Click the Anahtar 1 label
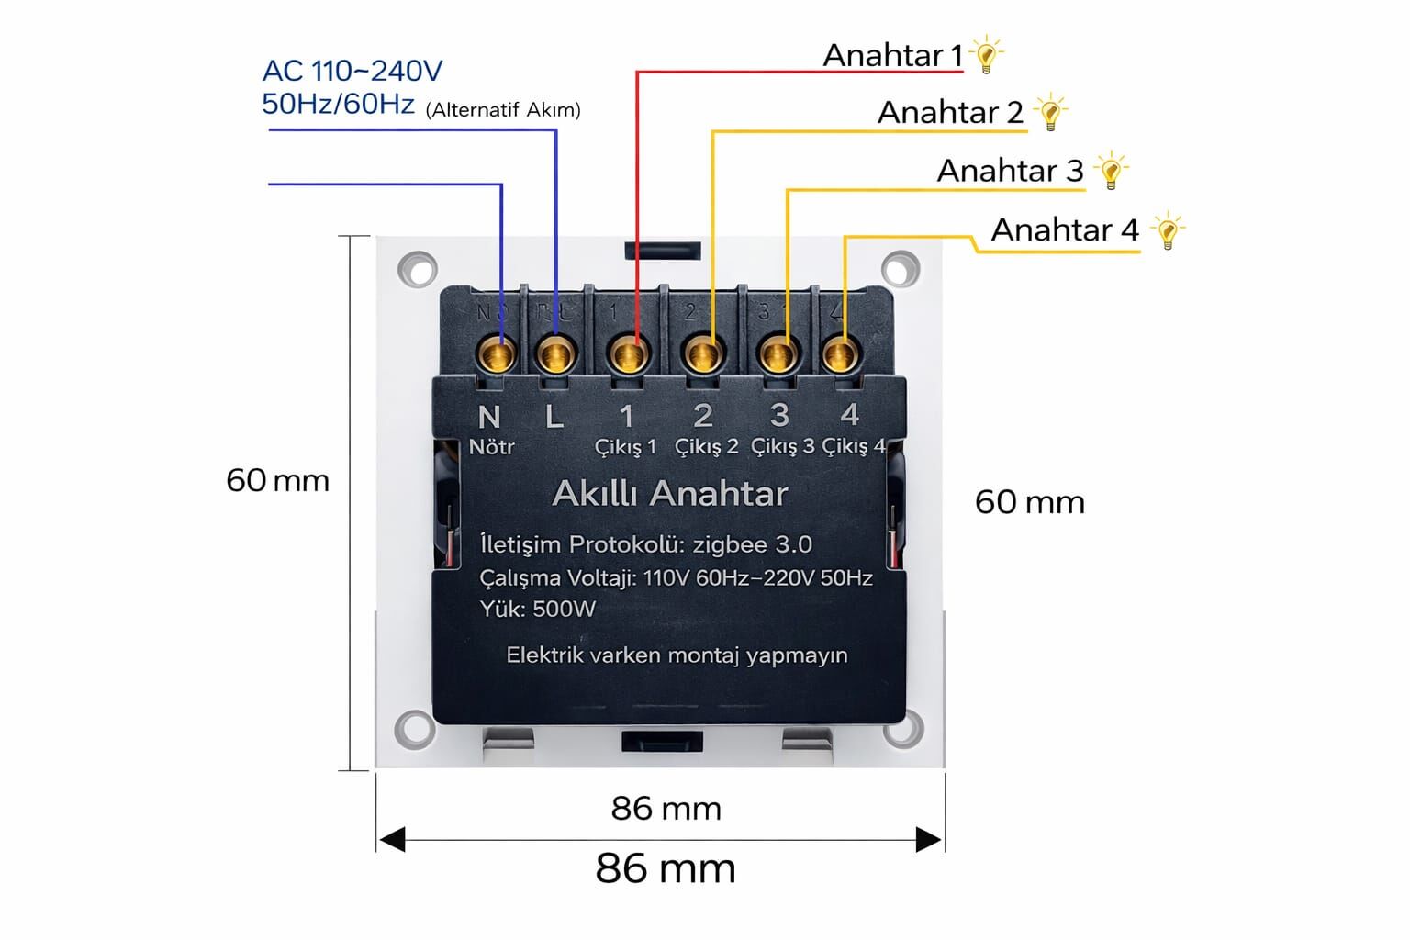[892, 56]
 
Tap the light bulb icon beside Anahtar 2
[1050, 113]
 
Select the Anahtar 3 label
[1010, 171]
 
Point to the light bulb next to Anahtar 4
[1167, 230]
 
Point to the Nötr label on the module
[491, 447]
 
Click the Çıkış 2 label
[706, 447]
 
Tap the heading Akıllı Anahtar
[670, 494]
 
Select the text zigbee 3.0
[752, 544]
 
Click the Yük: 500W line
[537, 609]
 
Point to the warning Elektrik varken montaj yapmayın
[677, 655]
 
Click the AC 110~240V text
[352, 71]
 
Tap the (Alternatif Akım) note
[503, 110]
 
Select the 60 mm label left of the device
[277, 480]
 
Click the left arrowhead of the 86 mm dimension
[392, 839]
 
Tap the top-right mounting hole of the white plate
[900, 270]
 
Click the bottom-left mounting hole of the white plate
[414, 729]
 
